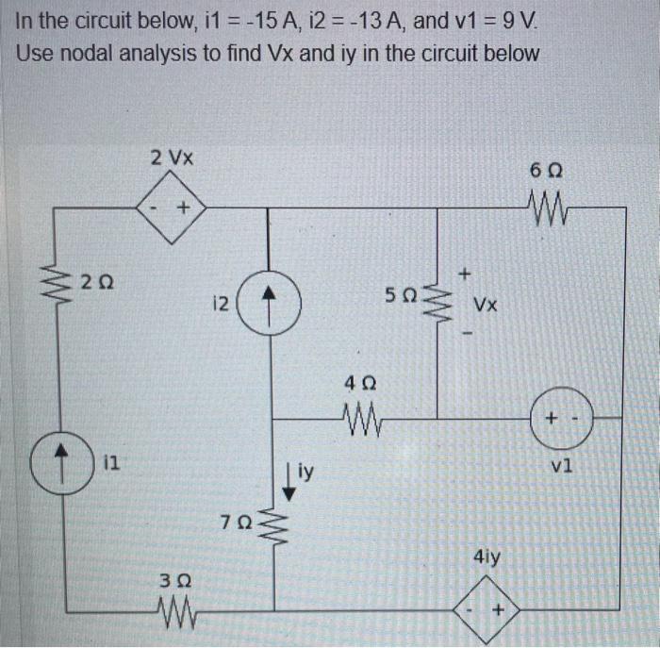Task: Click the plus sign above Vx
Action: coord(465,274)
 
